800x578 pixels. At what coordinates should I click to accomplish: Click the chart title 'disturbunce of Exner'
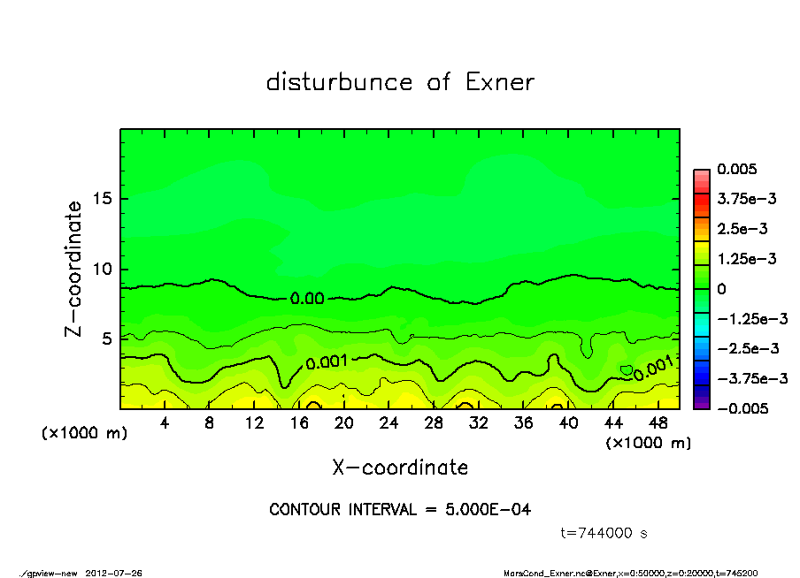[400, 82]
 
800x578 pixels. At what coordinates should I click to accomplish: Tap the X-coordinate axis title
[400, 467]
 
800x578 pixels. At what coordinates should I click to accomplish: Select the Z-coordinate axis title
[73, 269]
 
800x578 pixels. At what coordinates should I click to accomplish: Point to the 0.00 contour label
[307, 299]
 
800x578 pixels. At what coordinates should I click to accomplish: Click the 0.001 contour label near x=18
[327, 361]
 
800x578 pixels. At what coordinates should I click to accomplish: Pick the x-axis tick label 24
[388, 423]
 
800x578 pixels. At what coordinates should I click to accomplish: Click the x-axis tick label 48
[658, 423]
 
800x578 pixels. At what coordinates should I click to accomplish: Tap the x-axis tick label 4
[165, 423]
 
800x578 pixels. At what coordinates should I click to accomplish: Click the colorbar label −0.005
[742, 408]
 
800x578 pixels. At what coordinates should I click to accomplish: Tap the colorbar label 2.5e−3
[742, 229]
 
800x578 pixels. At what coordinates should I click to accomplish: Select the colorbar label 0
[722, 289]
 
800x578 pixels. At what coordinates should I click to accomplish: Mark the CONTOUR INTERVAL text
[400, 509]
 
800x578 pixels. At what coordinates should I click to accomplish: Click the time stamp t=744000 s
[605, 533]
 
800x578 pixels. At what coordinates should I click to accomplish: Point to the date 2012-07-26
[114, 573]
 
